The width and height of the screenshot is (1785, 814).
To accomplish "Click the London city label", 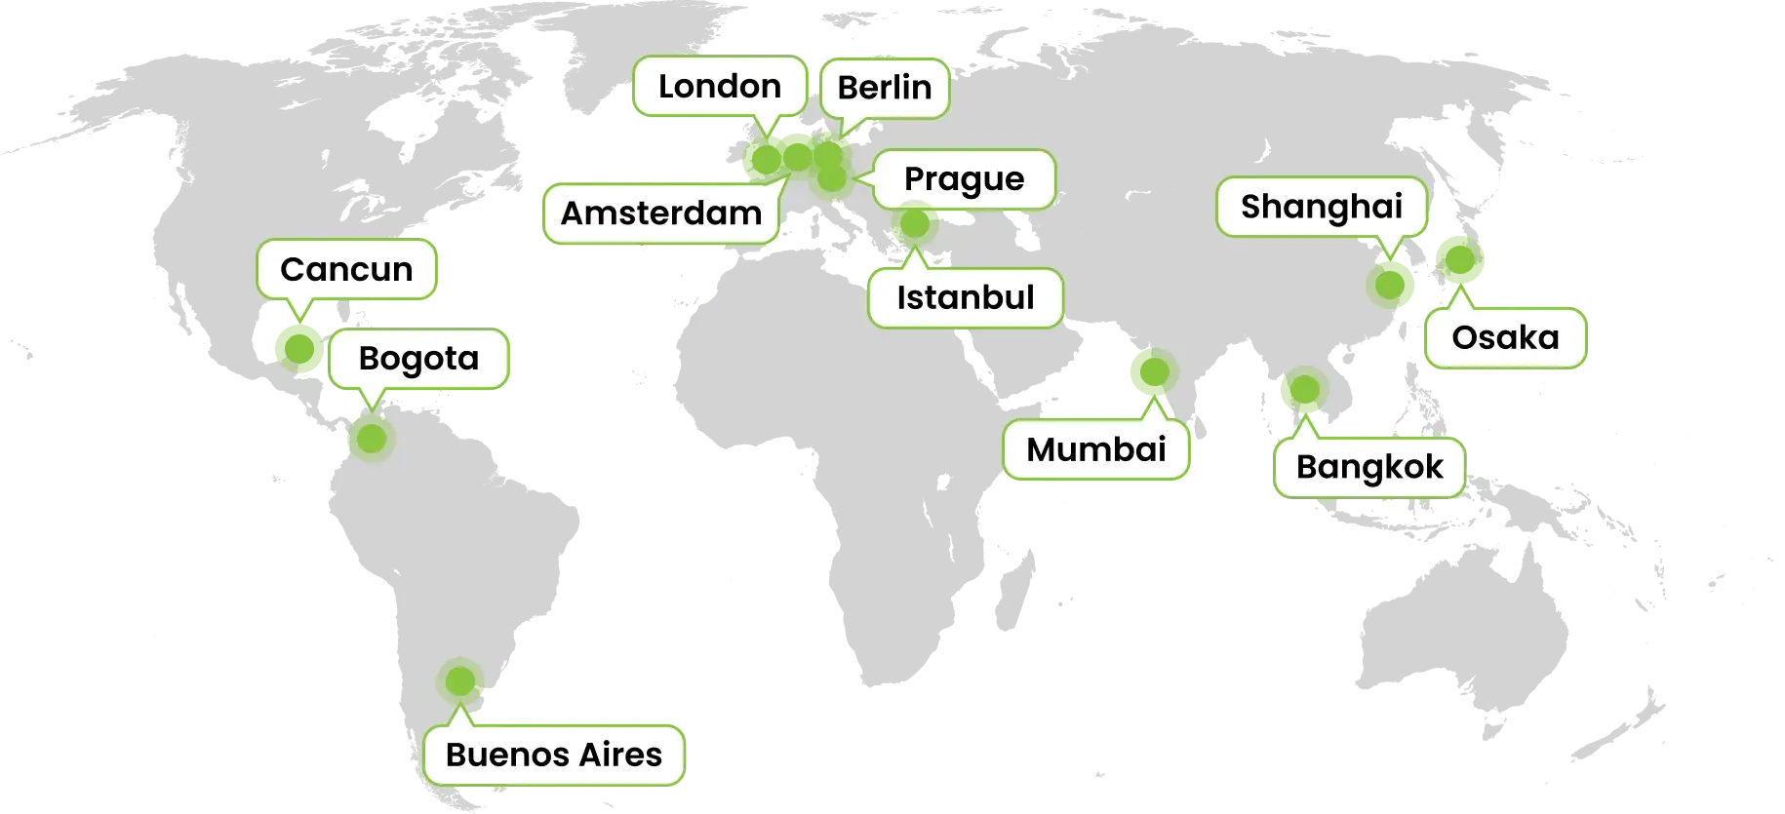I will click(720, 87).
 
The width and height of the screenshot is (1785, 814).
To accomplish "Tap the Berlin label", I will click(884, 88).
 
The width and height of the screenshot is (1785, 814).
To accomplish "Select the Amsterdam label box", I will click(661, 213).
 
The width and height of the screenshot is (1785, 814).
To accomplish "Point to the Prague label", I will click(964, 179).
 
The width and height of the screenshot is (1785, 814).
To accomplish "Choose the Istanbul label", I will click(965, 297).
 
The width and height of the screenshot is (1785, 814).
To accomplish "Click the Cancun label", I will click(346, 269).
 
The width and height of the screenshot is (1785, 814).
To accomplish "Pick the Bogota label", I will click(418, 359).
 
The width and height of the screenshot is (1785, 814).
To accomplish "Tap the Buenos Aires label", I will click(553, 755).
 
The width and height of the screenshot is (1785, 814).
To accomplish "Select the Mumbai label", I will click(1095, 449).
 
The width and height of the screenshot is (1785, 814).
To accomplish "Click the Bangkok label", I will click(1368, 467).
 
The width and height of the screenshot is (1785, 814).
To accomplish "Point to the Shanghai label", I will click(1321, 207).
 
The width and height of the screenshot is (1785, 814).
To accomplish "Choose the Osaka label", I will click(1505, 338).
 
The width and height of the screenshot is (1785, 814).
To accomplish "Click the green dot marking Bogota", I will click(371, 439).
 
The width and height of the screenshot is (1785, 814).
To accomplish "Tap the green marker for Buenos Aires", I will click(459, 680).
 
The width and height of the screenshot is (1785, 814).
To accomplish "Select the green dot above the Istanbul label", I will click(915, 224).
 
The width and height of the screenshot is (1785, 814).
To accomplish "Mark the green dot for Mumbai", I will click(1148, 372).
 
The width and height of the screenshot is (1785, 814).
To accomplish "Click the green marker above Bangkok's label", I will click(1304, 390).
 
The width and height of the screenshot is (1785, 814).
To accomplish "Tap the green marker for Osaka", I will click(1458, 258).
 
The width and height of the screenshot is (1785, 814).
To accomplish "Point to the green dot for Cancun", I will click(297, 346).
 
